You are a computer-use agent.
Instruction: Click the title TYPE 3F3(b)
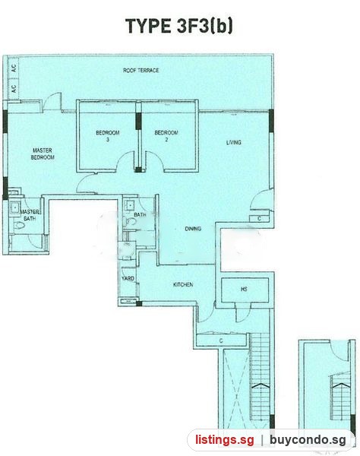click(178, 26)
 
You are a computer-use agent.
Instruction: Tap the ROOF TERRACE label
click(141, 71)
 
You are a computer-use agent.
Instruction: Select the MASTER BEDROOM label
click(43, 154)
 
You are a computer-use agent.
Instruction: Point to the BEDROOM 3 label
click(108, 136)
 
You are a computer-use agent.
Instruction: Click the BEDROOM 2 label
click(166, 136)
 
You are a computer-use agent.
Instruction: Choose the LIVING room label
click(234, 142)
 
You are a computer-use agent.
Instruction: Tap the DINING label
click(193, 229)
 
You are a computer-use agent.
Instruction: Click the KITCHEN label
click(183, 284)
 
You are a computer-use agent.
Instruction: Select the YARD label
click(128, 278)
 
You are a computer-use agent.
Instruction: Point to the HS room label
click(244, 289)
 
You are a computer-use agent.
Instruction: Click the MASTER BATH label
click(30, 215)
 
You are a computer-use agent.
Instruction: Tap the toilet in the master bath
click(20, 225)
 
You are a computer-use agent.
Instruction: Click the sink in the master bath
click(14, 207)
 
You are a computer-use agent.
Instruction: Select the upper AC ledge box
click(14, 68)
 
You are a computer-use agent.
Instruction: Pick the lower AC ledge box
click(14, 89)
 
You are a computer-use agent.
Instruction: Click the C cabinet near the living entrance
click(260, 218)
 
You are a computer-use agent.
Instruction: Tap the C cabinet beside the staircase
click(222, 340)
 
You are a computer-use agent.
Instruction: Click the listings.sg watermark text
click(224, 439)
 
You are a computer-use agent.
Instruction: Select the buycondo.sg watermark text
click(308, 440)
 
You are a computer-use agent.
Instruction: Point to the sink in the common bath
click(129, 205)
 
